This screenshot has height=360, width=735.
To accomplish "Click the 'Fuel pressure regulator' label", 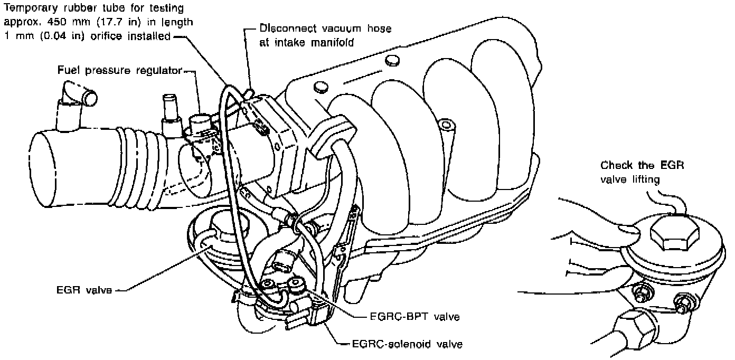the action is [119, 71].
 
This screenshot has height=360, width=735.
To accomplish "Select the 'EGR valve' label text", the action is [84, 290].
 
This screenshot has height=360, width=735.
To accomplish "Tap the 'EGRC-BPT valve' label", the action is [414, 317].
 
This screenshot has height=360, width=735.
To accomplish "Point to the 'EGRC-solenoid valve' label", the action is [407, 344].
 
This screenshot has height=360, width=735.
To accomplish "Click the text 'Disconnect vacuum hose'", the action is [325, 29].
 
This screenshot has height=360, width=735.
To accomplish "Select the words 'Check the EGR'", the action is [642, 165].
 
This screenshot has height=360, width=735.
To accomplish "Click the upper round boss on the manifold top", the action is [392, 60].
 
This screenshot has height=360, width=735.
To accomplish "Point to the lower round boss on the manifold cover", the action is [321, 88].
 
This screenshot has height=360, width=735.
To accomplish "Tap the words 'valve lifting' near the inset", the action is [630, 179].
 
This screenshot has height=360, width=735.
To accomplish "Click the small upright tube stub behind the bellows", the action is [171, 115].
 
